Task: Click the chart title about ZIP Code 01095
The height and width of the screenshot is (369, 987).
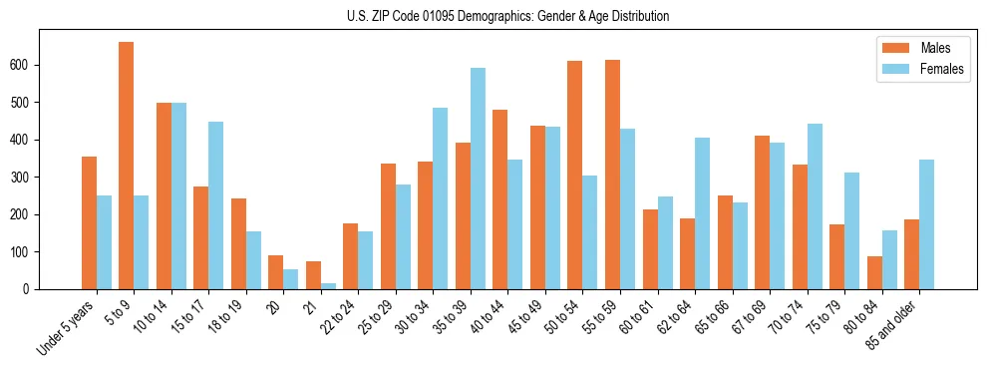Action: pyautogui.click(x=493, y=17)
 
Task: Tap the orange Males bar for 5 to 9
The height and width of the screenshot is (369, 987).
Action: pyautogui.click(x=127, y=166)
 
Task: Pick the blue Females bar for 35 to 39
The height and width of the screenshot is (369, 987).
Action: pyautogui.click(x=478, y=179)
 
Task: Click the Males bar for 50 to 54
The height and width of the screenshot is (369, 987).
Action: pyautogui.click(x=575, y=176)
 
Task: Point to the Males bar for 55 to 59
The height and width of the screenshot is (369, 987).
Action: pyautogui.click(x=612, y=175)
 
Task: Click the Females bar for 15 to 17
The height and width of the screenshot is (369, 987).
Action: pyautogui.click(x=216, y=205)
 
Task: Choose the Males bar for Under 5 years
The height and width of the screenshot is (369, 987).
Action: pyautogui.click(x=89, y=222)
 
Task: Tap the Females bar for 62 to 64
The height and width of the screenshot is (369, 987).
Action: pyautogui.click(x=702, y=213)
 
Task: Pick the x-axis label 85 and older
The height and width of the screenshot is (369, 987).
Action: pyautogui.click(x=893, y=321)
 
